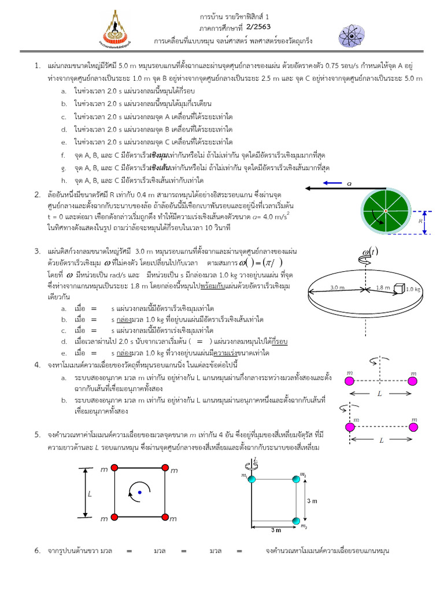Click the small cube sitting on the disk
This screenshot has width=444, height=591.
pos(398,287)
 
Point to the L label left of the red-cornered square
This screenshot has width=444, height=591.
pos(90,494)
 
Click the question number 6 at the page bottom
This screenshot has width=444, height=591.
pos(36,551)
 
